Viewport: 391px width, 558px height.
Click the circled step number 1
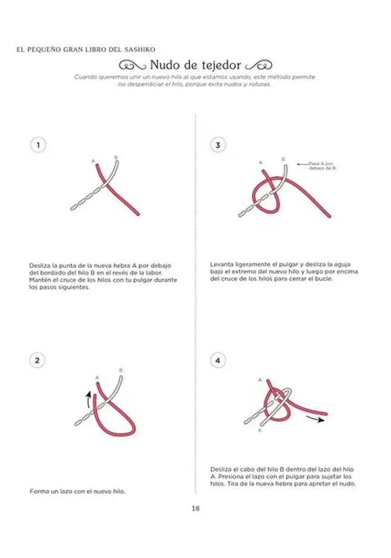pos(38,145)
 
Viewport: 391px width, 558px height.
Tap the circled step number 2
pos(38,360)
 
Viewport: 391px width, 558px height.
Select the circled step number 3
pos(218,145)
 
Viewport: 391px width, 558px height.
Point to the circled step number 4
pos(218,360)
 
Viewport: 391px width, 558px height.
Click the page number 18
pos(195,508)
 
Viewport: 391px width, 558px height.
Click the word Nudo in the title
pos(165,65)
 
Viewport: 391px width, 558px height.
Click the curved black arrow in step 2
pos(89,400)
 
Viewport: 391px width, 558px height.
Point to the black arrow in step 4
pos(315,418)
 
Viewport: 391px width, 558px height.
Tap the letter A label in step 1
pos(93,161)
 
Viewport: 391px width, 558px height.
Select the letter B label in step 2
pos(121,370)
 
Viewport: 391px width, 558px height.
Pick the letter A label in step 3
pos(261,162)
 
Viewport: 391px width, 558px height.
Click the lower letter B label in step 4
pos(260,431)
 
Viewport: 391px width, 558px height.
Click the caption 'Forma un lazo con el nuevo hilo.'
pos(77,491)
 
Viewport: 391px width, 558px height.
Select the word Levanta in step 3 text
pos(223,265)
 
